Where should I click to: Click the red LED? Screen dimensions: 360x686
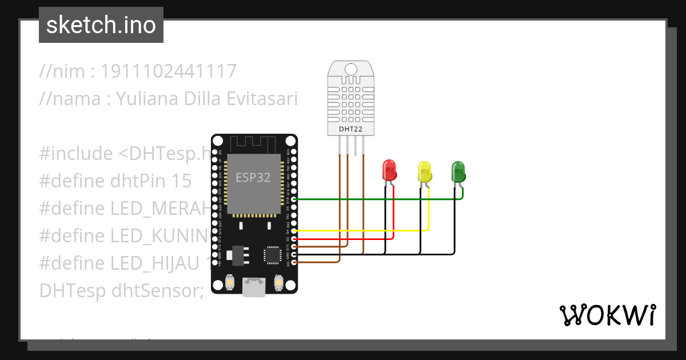click(389, 170)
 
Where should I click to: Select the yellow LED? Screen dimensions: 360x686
click(424, 171)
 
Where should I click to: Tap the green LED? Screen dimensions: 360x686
click(458, 171)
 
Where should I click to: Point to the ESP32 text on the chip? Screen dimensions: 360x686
click(253, 177)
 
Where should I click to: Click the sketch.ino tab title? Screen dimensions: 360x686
click(101, 25)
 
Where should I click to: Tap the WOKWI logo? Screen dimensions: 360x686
click(607, 315)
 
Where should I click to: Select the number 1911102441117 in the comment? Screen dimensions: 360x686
click(169, 71)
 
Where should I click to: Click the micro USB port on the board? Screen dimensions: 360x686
click(254, 286)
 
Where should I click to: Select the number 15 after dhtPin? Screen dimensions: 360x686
click(181, 181)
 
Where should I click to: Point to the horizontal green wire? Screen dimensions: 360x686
click(377, 199)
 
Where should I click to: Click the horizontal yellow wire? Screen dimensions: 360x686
click(360, 231)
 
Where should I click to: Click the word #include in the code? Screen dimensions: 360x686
click(75, 154)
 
